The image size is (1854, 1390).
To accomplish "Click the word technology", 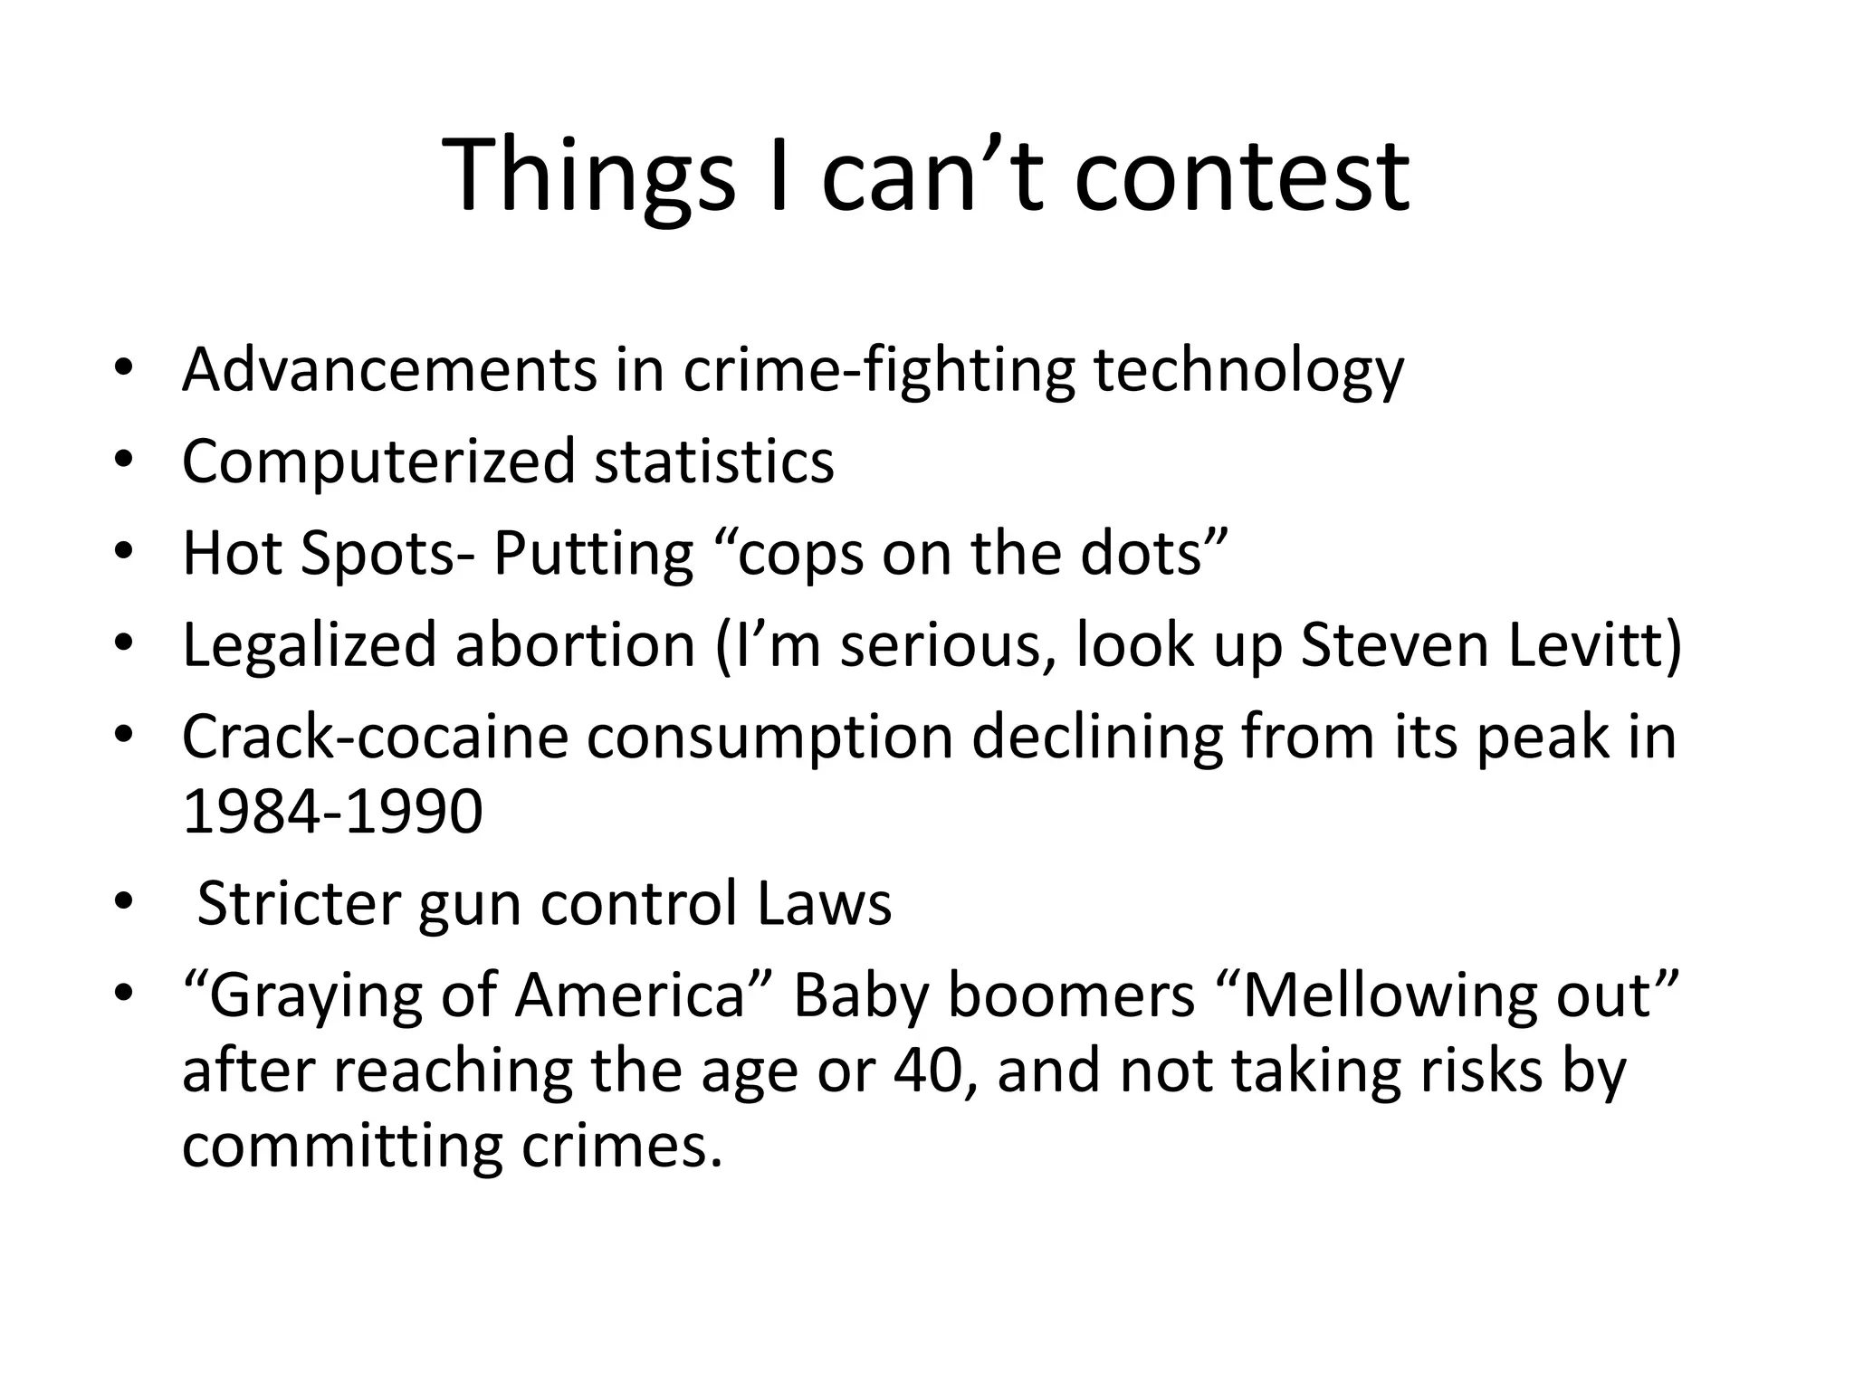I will tap(1248, 371).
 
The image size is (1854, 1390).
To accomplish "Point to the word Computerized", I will tap(378, 462).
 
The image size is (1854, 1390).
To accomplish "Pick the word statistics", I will tap(714, 462).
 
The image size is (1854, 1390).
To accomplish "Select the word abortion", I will tap(575, 645).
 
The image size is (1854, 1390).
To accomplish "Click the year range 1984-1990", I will tap(332, 812).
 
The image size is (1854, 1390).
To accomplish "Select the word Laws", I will tap(824, 904).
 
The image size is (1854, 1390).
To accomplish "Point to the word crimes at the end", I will tap(622, 1147).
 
